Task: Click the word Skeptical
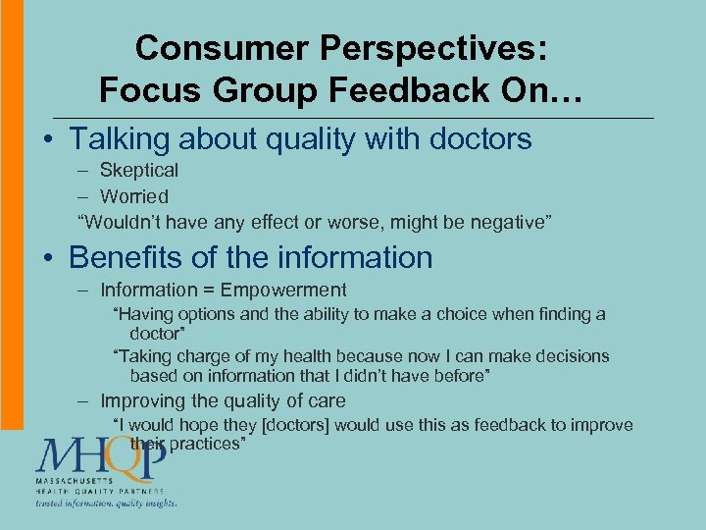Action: [139, 170]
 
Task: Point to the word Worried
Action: [134, 196]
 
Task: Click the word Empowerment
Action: [283, 290]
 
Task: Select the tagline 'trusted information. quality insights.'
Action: [106, 503]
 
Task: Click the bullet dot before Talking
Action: [46, 139]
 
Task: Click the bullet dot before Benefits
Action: [46, 258]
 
